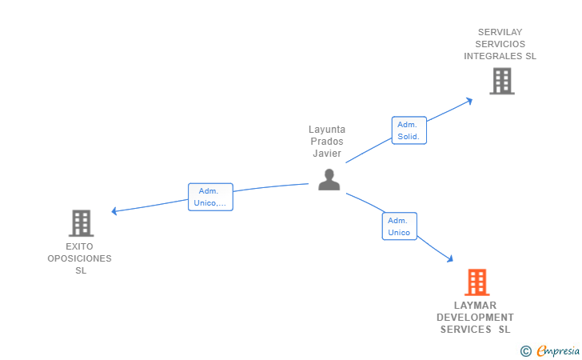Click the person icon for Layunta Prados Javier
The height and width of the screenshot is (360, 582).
coord(329,180)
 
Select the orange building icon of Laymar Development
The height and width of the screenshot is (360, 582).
coord(476,282)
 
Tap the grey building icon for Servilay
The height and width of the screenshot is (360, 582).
coord(501,81)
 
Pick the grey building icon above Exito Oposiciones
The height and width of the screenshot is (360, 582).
coord(81,223)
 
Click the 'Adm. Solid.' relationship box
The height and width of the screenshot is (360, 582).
coord(409,130)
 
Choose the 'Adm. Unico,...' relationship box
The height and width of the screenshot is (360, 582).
coord(210,197)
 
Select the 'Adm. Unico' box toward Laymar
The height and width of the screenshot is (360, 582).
coord(399,226)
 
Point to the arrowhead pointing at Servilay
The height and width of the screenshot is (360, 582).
coord(469,100)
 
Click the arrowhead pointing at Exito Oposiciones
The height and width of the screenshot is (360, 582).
coord(114,211)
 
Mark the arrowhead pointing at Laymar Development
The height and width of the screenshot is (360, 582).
coord(450,259)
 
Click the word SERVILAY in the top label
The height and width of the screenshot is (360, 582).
coord(500,32)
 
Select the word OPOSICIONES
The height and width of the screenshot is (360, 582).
coord(79,258)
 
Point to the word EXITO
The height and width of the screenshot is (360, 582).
coord(80,246)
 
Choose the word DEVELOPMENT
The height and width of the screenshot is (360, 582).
coord(475,318)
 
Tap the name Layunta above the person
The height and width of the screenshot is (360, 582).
coord(327,130)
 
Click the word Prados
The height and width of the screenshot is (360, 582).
coord(327,142)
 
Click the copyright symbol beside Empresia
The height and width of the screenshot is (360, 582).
coord(525,350)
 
